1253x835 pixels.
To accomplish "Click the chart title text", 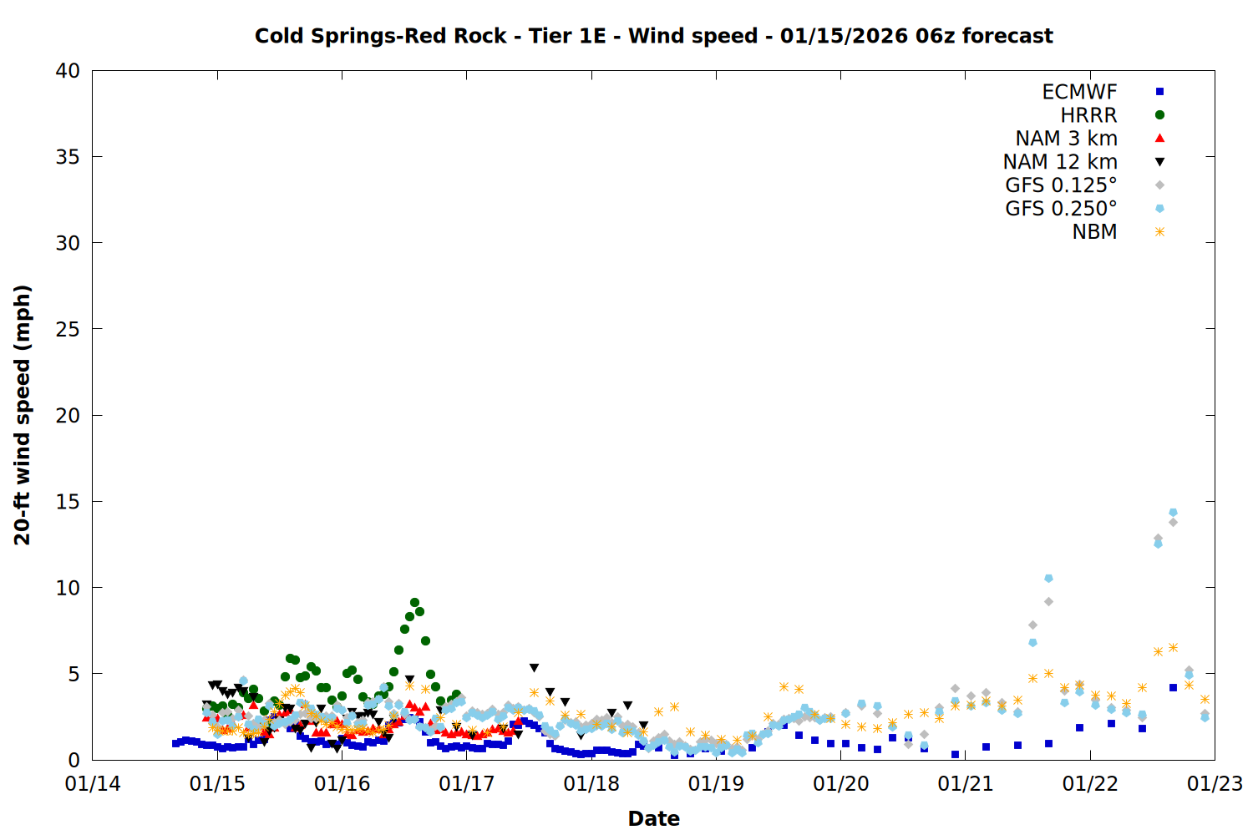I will (x=653, y=36).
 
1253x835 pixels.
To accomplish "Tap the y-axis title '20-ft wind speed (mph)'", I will (x=23, y=415).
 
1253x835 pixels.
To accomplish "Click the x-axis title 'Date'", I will (x=653, y=818).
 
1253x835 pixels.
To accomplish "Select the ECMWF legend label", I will (x=1079, y=92).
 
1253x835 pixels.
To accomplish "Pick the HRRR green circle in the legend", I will (x=1159, y=115).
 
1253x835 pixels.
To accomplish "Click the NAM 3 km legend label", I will (x=1066, y=139).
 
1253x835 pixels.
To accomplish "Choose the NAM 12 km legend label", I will (x=1060, y=162).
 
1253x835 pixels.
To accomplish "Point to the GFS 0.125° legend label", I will (x=1061, y=185).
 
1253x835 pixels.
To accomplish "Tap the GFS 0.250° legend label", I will (x=1061, y=209).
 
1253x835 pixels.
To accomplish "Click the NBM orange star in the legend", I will (x=1159, y=232).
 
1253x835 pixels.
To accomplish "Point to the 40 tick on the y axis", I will (x=68, y=71).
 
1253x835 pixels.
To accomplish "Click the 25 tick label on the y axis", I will (x=68, y=329).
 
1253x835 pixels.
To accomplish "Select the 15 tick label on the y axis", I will (x=68, y=501).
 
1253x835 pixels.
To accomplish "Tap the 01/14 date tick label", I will (x=93, y=784).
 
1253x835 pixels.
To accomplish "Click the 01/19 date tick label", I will (x=716, y=784).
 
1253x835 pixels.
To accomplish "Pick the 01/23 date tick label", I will (x=1215, y=784).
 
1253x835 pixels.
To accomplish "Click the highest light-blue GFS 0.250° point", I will (x=1173, y=513).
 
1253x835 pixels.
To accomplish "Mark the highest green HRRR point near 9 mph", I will (x=414, y=602).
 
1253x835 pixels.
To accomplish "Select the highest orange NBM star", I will (x=1173, y=647).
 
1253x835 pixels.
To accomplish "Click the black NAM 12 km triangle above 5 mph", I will (x=534, y=668).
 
